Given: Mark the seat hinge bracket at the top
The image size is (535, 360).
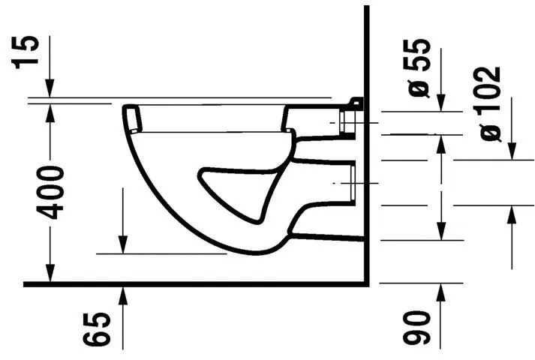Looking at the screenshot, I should point(356,103).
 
